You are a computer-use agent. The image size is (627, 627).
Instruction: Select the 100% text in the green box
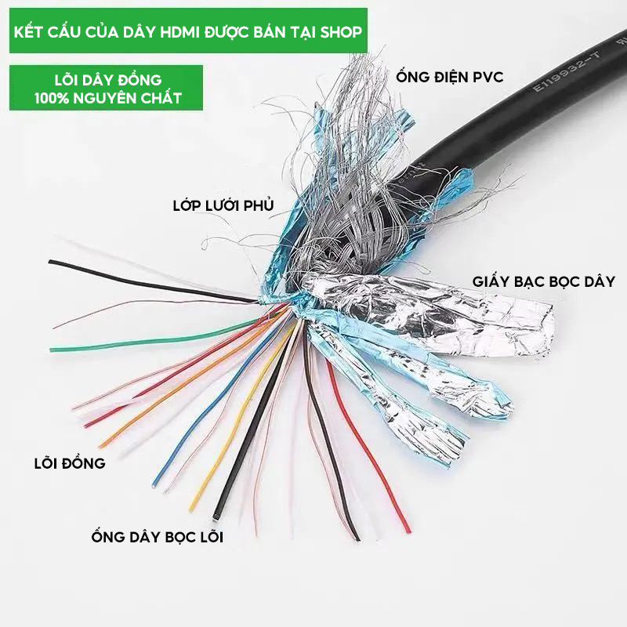pyautogui.click(x=52, y=98)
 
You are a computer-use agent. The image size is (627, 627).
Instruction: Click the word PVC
pyautogui.click(x=486, y=77)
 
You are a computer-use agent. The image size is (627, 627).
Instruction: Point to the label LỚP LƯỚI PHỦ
pyautogui.click(x=223, y=206)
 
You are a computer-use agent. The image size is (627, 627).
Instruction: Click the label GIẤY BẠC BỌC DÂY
pyautogui.click(x=543, y=281)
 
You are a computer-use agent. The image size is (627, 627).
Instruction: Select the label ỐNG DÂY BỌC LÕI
pyautogui.click(x=157, y=537)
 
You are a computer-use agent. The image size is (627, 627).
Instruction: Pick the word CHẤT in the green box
pyautogui.click(x=164, y=98)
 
